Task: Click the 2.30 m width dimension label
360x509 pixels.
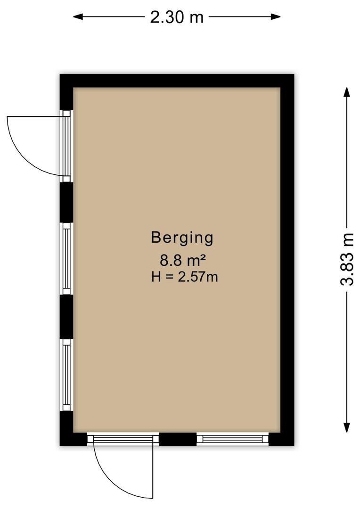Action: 177,17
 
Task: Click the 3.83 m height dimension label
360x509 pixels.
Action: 347,259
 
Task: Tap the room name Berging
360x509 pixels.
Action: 182,238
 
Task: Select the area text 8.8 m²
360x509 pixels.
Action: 183,260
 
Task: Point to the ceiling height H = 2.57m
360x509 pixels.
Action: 184,277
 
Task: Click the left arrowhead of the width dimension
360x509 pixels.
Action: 78,16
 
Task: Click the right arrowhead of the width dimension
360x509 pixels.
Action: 276,16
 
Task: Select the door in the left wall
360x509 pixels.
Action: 66,146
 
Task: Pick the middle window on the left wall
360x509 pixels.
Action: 66,259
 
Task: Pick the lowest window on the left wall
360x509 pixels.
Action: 66,375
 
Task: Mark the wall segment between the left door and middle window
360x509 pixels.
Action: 66,202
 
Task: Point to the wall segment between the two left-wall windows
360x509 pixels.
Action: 66,317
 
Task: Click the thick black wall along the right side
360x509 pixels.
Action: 287,260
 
